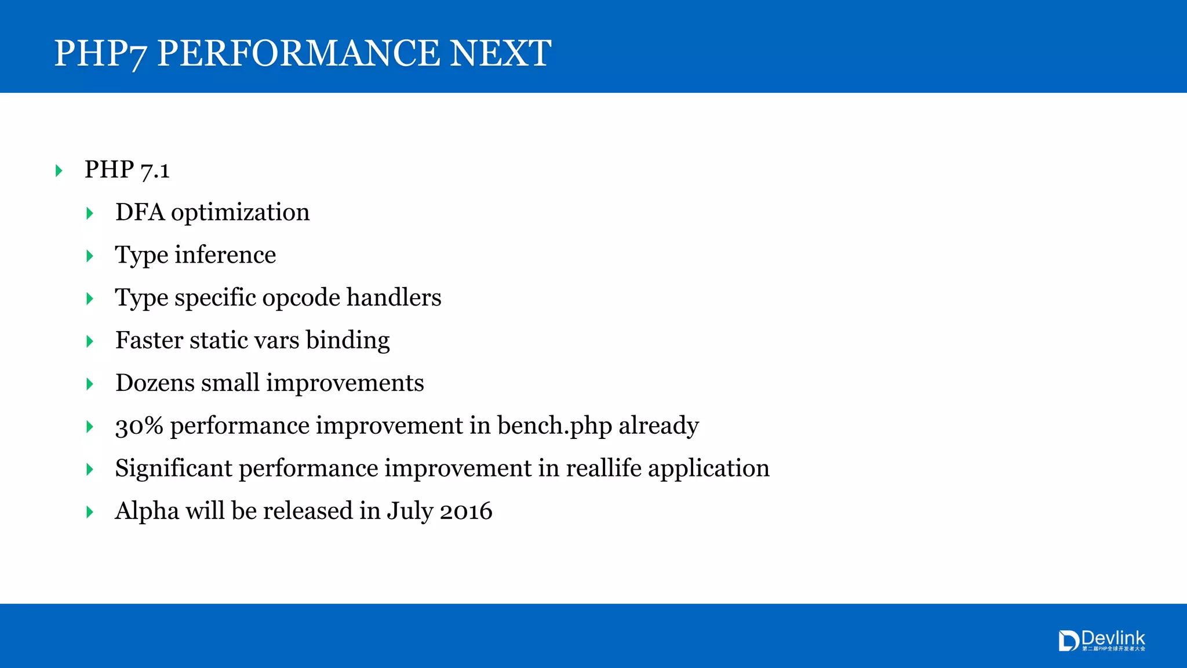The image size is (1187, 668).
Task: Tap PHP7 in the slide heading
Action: pos(100,53)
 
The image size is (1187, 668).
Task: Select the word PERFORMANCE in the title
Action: pos(298,53)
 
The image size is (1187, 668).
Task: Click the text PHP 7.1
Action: pos(127,169)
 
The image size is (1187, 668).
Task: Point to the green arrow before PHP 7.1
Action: pos(59,170)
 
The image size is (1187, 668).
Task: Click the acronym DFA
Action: pos(140,212)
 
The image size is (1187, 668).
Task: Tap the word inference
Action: pos(225,255)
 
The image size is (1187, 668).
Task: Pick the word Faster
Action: pos(149,340)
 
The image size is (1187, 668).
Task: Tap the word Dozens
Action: pos(155,383)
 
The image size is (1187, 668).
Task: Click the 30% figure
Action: pos(139,426)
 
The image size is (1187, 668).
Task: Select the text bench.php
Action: pos(554,426)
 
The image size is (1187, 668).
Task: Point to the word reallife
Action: pos(603,468)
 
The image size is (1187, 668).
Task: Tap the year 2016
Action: pos(466,511)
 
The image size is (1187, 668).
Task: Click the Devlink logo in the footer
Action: pos(1101,641)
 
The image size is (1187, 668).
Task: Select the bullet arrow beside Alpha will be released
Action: pos(89,512)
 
